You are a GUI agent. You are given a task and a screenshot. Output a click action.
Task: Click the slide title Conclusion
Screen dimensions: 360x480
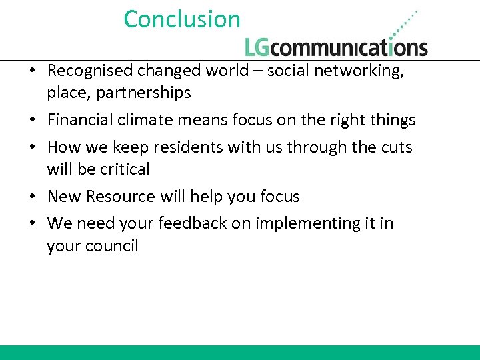pyautogui.click(x=181, y=19)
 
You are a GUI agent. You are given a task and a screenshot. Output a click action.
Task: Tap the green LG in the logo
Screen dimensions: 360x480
pyautogui.click(x=259, y=47)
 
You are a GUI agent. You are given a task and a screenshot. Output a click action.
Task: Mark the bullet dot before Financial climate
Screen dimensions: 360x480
pyautogui.click(x=33, y=121)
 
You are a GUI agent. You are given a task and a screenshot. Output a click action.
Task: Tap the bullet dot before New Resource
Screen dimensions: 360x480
pyautogui.click(x=33, y=197)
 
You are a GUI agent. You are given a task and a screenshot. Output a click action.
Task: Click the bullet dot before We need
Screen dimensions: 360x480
pyautogui.click(x=33, y=224)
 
